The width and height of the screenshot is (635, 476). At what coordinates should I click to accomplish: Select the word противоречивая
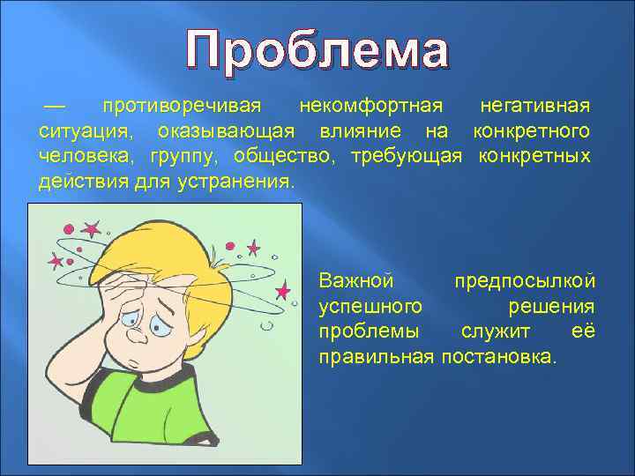pyautogui.click(x=182, y=107)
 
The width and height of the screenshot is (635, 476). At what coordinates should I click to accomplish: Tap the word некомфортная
pyautogui.click(x=370, y=107)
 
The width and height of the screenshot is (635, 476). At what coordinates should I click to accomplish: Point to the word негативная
pyautogui.click(x=534, y=107)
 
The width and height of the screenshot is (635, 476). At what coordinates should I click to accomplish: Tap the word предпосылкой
pyautogui.click(x=524, y=282)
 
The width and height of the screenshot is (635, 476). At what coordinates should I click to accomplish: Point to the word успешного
pyautogui.click(x=369, y=307)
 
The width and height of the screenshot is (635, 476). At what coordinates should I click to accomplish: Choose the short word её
pyautogui.click(x=585, y=332)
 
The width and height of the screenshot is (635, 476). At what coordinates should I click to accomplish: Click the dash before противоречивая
pyautogui.click(x=55, y=106)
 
